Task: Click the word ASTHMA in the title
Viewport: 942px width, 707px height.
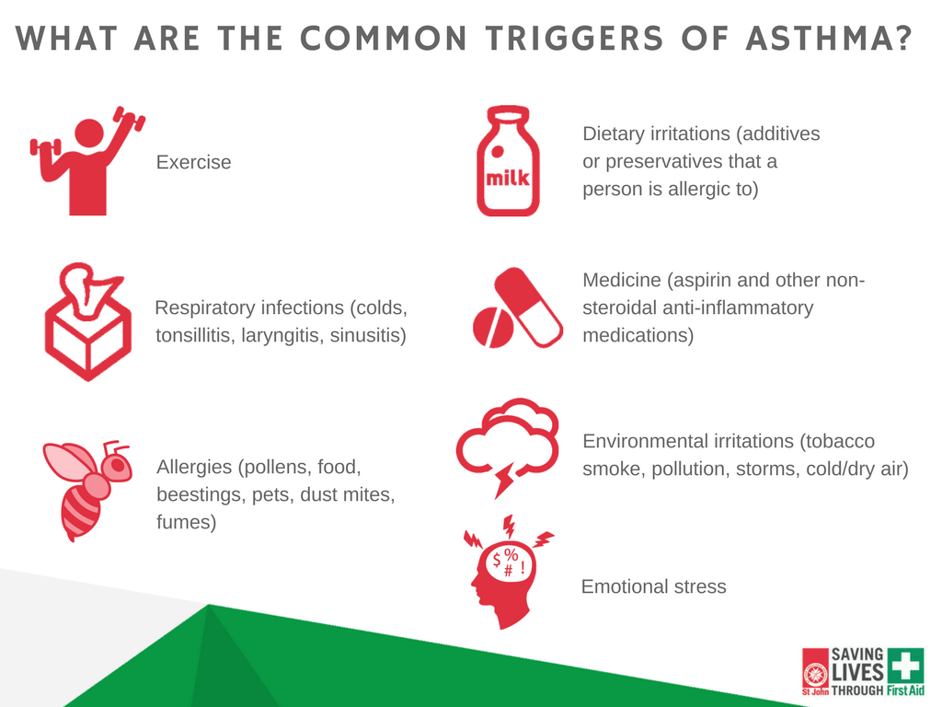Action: coord(829,38)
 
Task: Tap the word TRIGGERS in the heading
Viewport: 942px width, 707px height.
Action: coord(574,38)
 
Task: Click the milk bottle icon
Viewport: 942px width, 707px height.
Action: coord(508,161)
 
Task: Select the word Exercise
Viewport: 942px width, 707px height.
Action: coord(193,162)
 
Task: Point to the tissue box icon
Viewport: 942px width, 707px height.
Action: coord(87,321)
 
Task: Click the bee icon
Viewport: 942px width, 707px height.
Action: coord(87,490)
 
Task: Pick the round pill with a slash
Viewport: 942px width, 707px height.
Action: coord(493,328)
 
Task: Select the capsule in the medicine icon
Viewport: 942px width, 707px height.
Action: coord(529,307)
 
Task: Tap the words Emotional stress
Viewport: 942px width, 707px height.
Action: coord(654,586)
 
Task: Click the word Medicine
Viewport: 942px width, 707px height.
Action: coord(622,280)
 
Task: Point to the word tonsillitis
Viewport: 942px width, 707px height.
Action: coord(195,335)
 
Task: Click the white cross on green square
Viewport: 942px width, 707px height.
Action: coord(905,665)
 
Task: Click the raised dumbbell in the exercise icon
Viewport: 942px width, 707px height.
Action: coord(129,119)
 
